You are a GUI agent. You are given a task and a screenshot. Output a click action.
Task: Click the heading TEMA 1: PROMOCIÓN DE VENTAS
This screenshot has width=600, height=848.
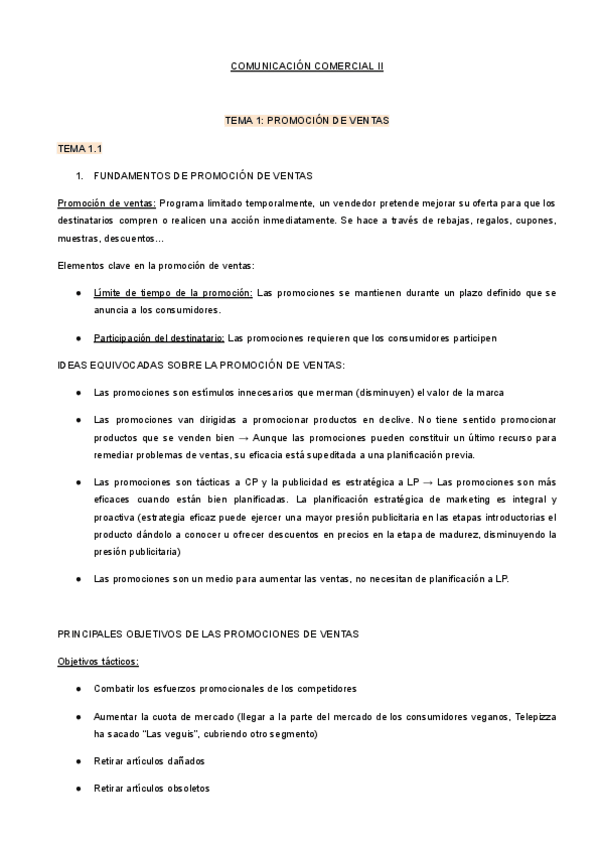tap(307, 121)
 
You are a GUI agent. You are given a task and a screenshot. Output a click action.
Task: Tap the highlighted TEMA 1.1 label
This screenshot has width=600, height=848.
tap(81, 148)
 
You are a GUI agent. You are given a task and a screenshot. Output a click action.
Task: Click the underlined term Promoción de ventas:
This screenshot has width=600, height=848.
tap(107, 203)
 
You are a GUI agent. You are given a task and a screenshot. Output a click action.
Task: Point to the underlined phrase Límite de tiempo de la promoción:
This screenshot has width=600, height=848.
tap(173, 293)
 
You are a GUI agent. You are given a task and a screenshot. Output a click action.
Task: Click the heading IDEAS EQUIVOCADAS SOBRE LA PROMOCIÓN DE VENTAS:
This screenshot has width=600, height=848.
tap(201, 365)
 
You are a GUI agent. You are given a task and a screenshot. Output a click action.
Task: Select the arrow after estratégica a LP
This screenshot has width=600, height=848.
tap(426, 482)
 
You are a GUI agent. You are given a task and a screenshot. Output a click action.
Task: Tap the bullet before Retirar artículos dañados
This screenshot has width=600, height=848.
tap(79, 761)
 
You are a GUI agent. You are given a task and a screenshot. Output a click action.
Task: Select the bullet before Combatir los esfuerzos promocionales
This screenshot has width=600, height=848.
tap(79, 690)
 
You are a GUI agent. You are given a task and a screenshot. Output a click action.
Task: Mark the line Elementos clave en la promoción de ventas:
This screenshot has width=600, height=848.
tap(156, 265)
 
